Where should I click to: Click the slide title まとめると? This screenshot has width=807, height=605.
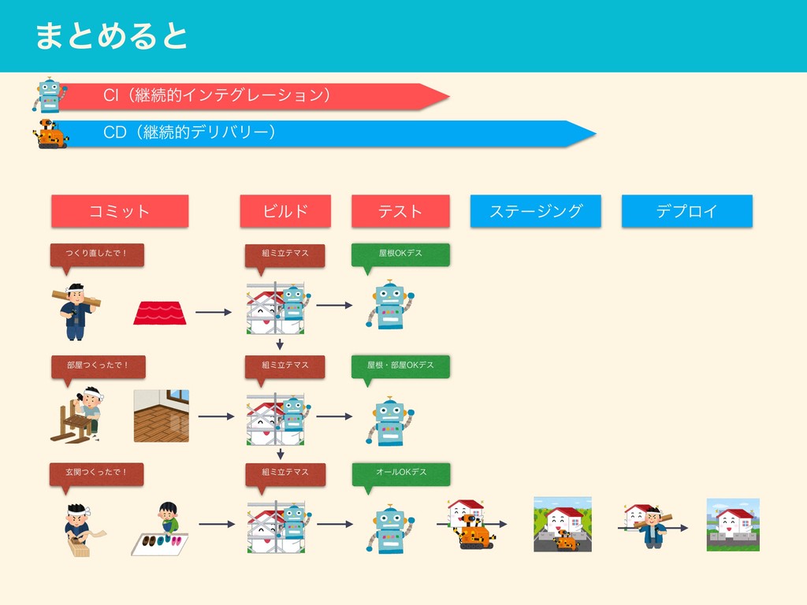pos(111,36)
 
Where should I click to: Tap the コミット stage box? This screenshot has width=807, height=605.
pos(120,211)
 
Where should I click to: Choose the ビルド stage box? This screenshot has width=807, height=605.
pos(285,211)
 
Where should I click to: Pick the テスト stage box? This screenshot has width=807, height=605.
pos(400,211)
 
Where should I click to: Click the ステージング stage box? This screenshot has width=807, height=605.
pos(536,211)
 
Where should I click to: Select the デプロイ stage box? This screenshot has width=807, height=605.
pos(687,211)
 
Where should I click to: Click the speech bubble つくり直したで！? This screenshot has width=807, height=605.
pos(97,254)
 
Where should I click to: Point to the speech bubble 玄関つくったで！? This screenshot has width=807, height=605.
pos(97,473)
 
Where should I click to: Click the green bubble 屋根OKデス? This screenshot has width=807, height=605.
pos(400,254)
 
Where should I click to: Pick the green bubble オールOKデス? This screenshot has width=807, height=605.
pos(400,473)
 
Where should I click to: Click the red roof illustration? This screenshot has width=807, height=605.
pos(160,312)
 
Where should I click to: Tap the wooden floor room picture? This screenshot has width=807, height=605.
pos(162,415)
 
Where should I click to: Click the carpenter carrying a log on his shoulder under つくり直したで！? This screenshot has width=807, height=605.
pos(75,310)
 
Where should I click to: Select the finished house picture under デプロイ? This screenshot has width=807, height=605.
pos(733,524)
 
